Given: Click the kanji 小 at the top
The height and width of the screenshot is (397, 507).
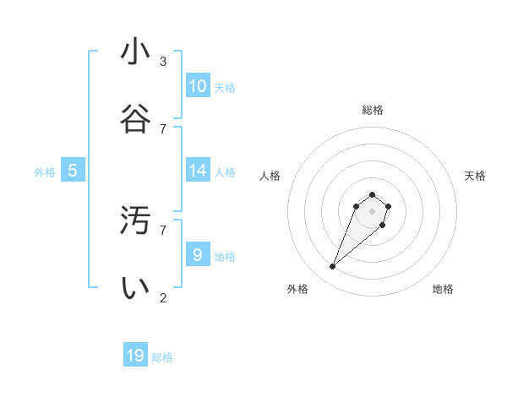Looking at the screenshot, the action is click(x=135, y=52).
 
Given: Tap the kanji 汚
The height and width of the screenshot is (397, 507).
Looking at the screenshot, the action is click(x=135, y=220).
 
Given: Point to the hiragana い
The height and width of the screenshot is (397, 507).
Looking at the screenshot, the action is click(x=135, y=288).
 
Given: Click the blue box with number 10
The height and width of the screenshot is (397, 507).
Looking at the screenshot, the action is click(x=198, y=86).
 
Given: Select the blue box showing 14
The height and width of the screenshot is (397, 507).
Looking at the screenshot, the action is click(x=198, y=171).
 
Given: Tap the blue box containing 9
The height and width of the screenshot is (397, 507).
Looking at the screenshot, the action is click(x=198, y=254).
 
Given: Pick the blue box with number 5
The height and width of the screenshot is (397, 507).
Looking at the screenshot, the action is click(x=73, y=171).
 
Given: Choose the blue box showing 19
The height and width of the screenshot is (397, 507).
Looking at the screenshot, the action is click(x=135, y=356).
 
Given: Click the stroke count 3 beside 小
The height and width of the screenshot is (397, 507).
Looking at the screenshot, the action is click(x=163, y=61).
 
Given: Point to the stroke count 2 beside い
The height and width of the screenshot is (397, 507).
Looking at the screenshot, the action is click(x=163, y=297).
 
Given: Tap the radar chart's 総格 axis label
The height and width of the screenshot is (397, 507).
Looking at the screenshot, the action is click(x=373, y=110).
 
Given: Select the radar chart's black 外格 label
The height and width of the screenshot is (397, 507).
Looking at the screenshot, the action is click(x=297, y=289).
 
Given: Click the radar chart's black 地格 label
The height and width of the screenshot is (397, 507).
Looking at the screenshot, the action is click(x=443, y=289).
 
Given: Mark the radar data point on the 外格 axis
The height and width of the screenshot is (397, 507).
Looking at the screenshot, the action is click(x=333, y=267).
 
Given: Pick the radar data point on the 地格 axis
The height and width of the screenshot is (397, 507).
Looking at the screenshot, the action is click(x=383, y=225).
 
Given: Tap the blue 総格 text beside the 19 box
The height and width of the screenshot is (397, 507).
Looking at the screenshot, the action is click(x=162, y=357).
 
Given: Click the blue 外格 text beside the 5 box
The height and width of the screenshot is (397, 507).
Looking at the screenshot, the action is click(x=45, y=172).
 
